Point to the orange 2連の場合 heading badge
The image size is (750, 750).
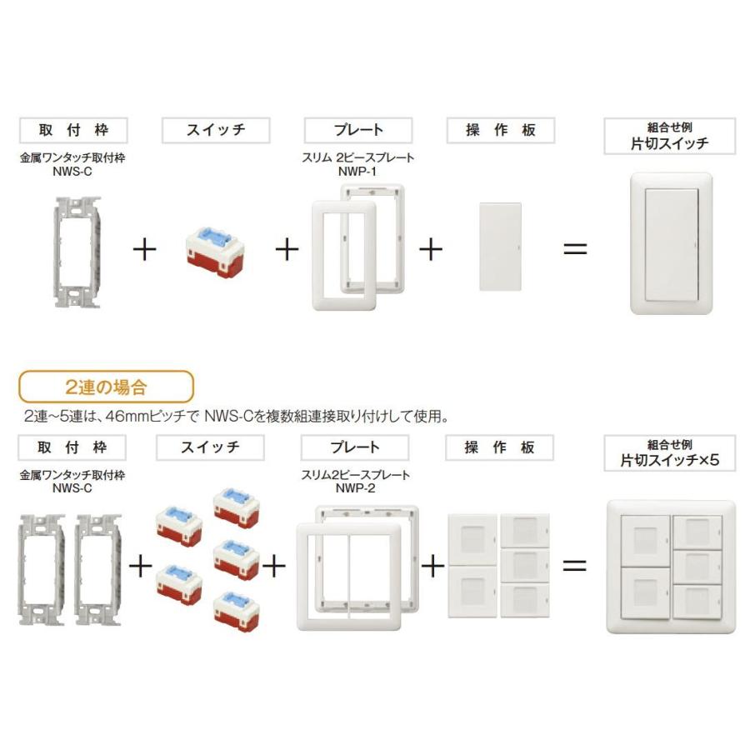[x=106, y=387]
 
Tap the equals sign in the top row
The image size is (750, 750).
[x=575, y=249]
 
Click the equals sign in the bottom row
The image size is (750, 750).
[x=575, y=566]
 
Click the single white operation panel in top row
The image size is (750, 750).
[x=500, y=247]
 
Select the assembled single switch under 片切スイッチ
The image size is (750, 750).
[x=672, y=243]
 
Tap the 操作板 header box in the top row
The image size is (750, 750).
[x=500, y=131]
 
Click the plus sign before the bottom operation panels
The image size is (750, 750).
[x=432, y=566]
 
